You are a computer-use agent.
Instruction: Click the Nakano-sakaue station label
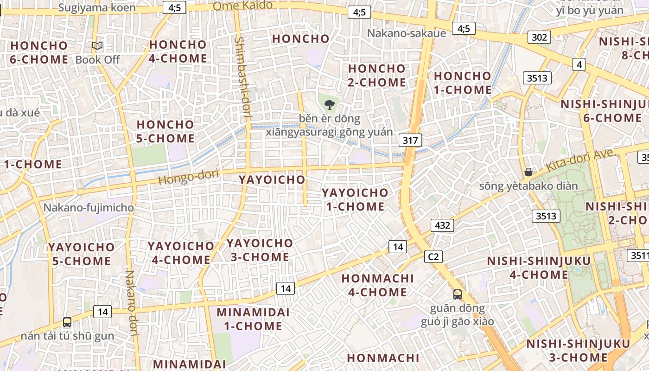406,33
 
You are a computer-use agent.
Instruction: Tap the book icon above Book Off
97,46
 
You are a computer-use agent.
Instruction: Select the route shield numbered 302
539,37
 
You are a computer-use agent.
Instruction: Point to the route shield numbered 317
410,140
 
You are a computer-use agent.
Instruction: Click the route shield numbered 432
442,225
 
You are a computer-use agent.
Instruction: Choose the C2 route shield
433,256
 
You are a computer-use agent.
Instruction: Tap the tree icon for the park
330,104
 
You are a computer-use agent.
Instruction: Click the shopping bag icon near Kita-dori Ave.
528,173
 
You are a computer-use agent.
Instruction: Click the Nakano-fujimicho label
89,208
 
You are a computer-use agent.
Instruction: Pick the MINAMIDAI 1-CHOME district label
253,319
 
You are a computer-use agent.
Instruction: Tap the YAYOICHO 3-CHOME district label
260,250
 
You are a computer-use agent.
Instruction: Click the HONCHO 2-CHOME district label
377,76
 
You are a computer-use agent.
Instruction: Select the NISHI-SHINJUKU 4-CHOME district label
539,268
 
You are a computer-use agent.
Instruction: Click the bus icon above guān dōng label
458,294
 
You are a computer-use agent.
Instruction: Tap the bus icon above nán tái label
67,322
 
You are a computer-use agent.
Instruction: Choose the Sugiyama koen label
97,7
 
